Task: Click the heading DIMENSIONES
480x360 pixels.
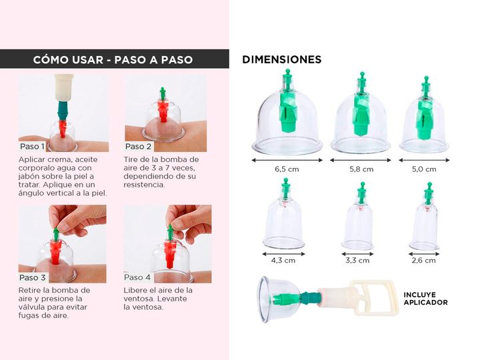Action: (x=281, y=59)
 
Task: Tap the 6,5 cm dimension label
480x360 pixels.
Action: (x=287, y=169)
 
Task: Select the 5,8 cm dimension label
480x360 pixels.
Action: (x=361, y=169)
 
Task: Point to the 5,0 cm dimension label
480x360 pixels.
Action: (x=424, y=169)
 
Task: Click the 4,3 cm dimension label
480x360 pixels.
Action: (x=283, y=261)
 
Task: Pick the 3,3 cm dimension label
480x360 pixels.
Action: (x=357, y=261)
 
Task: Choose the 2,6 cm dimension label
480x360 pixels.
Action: (x=424, y=261)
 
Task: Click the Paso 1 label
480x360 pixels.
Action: (x=32, y=146)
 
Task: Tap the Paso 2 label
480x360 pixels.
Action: (x=139, y=146)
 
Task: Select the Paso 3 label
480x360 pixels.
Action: (x=33, y=277)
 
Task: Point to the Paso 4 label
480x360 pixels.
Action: (x=137, y=277)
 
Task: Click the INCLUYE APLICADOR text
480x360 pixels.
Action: (x=425, y=299)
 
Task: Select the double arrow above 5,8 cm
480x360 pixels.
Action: (x=361, y=160)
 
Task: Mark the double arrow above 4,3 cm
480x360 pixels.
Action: (x=284, y=254)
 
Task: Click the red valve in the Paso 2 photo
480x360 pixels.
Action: (x=163, y=111)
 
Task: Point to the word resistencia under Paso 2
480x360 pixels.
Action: (x=144, y=185)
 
